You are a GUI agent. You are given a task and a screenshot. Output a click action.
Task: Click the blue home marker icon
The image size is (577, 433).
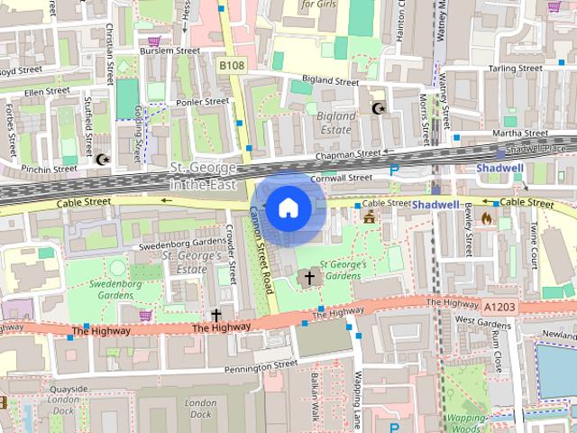(x=288, y=208)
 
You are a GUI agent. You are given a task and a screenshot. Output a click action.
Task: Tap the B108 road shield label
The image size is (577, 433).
(x=231, y=65)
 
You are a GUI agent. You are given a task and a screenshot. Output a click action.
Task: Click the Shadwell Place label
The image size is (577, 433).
(x=536, y=148)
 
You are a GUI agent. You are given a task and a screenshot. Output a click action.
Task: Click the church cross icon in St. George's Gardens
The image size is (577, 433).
(x=309, y=277)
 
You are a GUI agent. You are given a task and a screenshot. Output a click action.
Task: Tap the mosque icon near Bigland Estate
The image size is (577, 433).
(x=379, y=109)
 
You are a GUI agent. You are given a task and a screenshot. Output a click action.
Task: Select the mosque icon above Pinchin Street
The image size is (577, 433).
(x=102, y=160)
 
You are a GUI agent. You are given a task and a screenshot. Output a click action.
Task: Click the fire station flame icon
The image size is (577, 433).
(x=488, y=217)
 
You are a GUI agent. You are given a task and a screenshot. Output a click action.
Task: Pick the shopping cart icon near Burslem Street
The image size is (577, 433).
(x=154, y=41)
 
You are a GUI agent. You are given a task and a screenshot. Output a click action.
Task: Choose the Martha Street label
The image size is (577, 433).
(x=515, y=134)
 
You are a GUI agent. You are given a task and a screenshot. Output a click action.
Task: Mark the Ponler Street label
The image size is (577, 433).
(x=203, y=102)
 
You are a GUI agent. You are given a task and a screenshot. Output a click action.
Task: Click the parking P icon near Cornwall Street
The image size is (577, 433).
(x=393, y=170)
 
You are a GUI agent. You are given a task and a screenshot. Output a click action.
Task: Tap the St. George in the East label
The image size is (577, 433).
(x=204, y=176)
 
